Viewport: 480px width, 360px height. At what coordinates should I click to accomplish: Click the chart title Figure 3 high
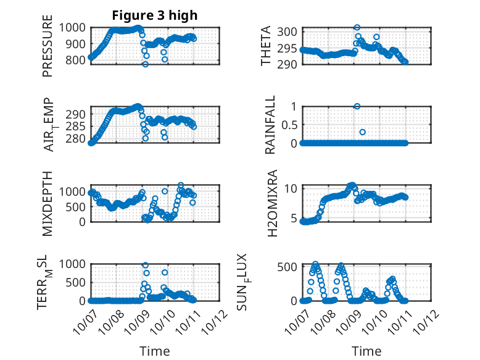point(155,15)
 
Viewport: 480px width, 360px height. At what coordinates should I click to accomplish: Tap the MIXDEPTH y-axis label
point(48,203)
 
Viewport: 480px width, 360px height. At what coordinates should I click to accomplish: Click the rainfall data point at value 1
point(357,106)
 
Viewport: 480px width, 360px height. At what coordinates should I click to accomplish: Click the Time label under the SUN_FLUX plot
point(366,351)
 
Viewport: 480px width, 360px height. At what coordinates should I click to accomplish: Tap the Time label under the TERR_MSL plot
point(155,351)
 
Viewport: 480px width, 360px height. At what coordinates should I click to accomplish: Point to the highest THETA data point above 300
point(357,28)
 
